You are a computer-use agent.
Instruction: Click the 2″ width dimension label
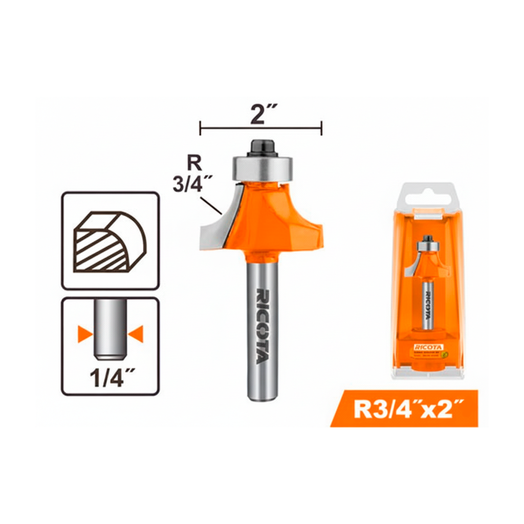[260, 113]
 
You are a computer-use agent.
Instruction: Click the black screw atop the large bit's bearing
[263, 147]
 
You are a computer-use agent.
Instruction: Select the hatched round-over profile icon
[109, 242]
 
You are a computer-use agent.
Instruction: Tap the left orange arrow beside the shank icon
[84, 335]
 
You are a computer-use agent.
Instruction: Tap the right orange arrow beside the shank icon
[136, 335]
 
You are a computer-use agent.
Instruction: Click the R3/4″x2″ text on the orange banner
[405, 409]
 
